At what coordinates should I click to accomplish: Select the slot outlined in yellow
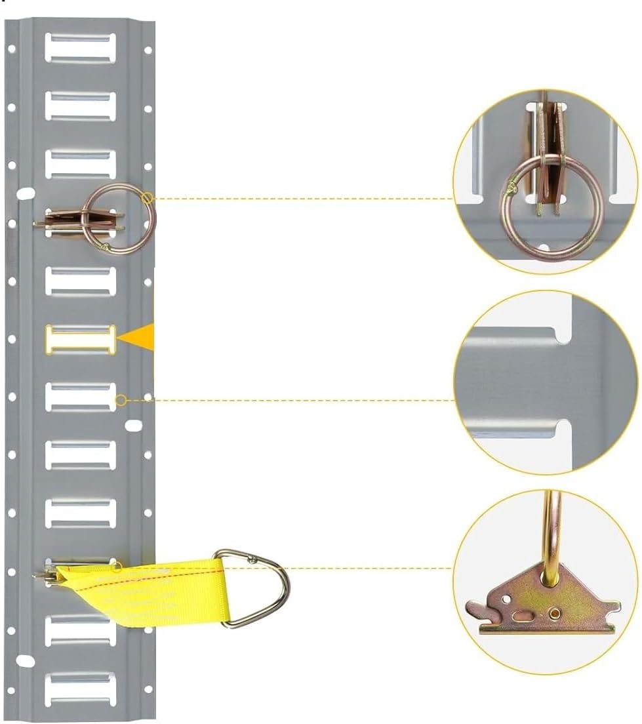tap(80, 339)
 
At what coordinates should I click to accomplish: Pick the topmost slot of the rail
tap(80, 47)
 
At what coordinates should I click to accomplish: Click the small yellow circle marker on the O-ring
tap(147, 197)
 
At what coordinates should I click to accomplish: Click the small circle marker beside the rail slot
tap(121, 400)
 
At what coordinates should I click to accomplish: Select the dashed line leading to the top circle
tap(302, 198)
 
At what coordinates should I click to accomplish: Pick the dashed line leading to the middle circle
tap(289, 400)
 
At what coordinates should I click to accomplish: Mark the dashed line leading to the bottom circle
tap(367, 568)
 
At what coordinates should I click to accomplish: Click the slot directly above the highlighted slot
tap(80, 281)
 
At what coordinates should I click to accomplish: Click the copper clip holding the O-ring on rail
tap(66, 220)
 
